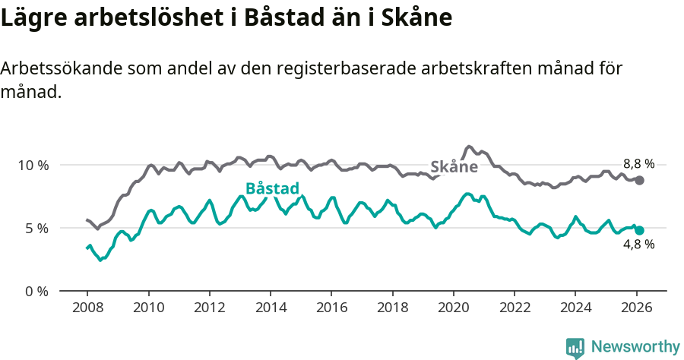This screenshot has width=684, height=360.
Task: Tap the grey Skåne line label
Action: [x=454, y=167]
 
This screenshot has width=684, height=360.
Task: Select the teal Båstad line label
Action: [x=272, y=189]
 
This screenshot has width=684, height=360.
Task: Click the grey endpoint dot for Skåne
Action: [x=640, y=180]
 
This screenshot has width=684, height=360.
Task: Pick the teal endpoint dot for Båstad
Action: [x=640, y=230]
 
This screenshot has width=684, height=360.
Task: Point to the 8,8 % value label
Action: [x=638, y=163]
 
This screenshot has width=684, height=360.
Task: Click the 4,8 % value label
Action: [x=638, y=245]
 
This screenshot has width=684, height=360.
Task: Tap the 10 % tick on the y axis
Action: [x=33, y=165]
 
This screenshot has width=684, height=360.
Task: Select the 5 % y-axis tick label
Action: [x=36, y=228]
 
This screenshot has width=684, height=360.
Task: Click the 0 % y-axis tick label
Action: [x=36, y=291]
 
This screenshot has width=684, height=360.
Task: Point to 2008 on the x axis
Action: [x=87, y=308]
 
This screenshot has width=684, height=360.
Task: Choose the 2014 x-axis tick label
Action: [x=270, y=308]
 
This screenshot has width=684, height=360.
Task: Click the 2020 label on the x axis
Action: [x=453, y=308]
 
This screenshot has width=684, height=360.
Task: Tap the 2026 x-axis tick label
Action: [x=636, y=308]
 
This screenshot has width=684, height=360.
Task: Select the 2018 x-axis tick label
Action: [x=392, y=308]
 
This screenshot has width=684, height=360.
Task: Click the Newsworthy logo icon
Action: [x=575, y=348]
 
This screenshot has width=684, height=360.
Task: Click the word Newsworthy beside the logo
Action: [x=635, y=347]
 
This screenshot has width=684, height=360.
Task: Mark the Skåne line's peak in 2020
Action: [x=469, y=146]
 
